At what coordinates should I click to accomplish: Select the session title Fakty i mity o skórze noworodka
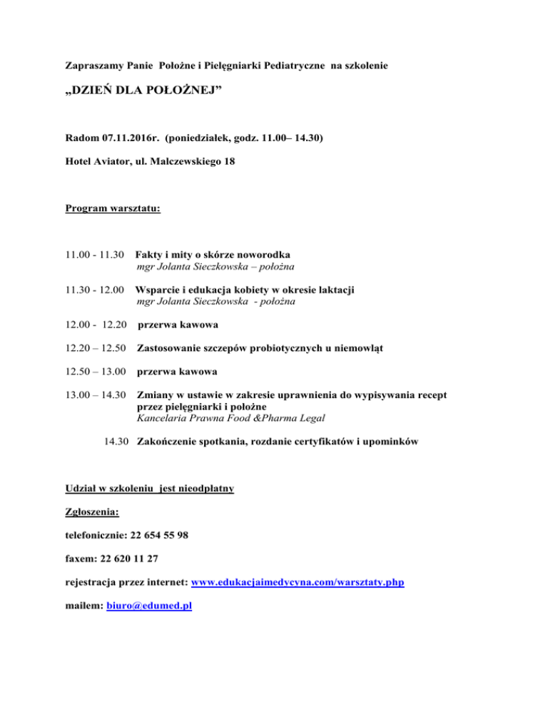click(x=213, y=255)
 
